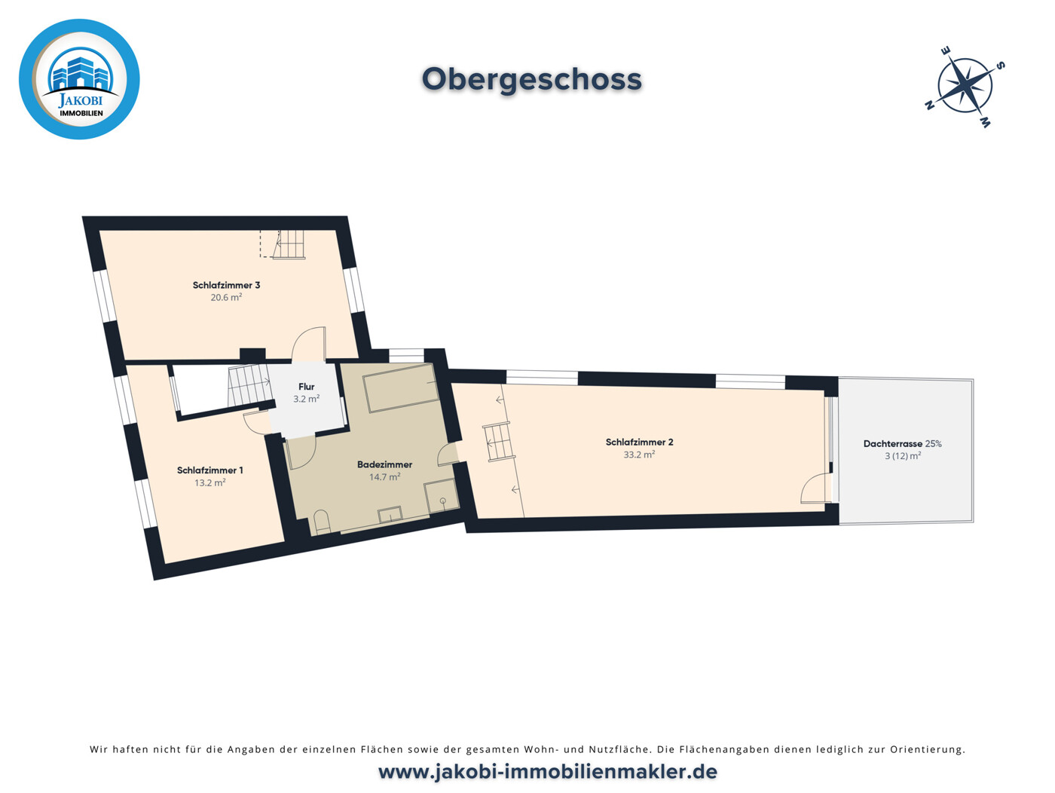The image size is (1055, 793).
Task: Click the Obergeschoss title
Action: coord(531,80)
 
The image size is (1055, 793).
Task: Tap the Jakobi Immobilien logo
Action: coord(79,79)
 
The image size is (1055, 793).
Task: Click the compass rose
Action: coord(965,87)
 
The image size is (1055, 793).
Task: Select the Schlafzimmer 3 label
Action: coord(226,285)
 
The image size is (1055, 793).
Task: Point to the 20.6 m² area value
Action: coord(226,298)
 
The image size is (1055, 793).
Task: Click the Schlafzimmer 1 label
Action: coord(210,470)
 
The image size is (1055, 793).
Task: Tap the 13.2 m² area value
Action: coord(210,482)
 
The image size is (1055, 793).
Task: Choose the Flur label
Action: coord(306,387)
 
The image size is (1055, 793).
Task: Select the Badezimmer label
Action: coord(384,465)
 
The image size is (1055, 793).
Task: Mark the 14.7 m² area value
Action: coord(384,476)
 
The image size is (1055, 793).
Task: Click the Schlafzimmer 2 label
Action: coord(639,442)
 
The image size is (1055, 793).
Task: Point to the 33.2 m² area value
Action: coord(639,455)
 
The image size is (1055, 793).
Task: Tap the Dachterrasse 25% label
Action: coord(903,443)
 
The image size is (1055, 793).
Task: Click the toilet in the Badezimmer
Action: coord(322,522)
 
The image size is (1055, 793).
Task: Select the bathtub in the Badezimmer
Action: coord(402,388)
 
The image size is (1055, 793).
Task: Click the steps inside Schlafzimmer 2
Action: coord(499,442)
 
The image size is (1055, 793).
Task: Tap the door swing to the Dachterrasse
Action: coord(816,488)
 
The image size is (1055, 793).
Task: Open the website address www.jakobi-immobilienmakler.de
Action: coord(548,772)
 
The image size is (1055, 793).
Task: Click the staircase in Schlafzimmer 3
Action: coord(289,244)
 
